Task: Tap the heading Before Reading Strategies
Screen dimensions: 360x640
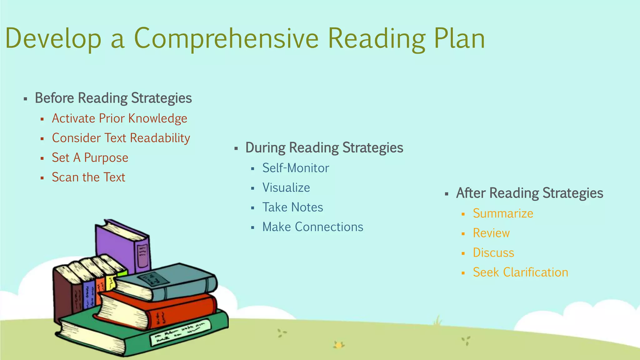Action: tap(113, 98)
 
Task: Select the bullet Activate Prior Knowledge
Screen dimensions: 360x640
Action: tap(119, 118)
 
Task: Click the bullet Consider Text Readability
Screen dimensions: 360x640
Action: tap(121, 138)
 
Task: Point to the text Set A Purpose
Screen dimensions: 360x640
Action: tap(90, 158)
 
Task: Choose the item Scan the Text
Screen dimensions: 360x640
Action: tap(88, 177)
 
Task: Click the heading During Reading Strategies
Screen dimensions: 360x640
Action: tap(324, 147)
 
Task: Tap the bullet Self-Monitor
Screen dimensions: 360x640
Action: tap(296, 168)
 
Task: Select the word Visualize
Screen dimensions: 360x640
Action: tap(286, 187)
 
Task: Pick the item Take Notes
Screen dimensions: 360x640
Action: tap(292, 207)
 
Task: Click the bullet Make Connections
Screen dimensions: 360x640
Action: tap(312, 227)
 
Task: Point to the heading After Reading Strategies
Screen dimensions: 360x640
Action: tap(529, 193)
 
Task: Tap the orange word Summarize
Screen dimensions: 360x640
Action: tap(503, 213)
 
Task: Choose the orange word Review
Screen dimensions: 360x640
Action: tap(491, 233)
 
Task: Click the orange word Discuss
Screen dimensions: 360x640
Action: tap(493, 253)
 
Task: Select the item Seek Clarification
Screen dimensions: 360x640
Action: tap(520, 272)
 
